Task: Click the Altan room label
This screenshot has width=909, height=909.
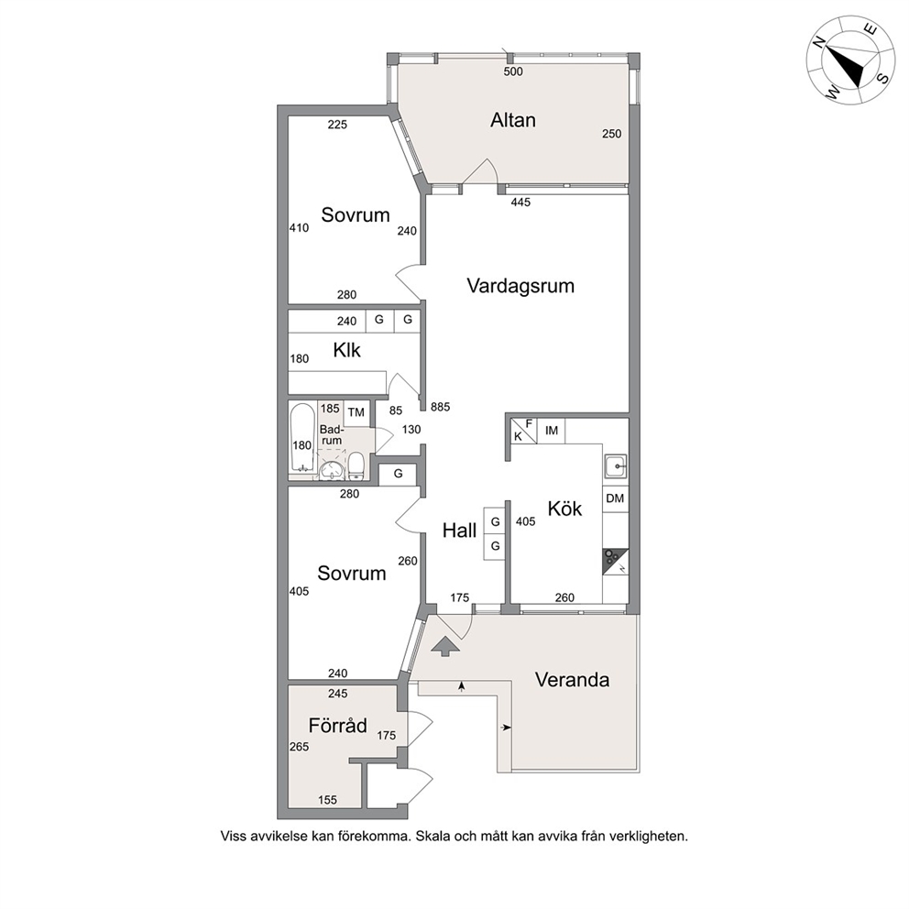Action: point(513,120)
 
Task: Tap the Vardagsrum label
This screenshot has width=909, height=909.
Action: point(520,286)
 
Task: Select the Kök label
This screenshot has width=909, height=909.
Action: point(564,509)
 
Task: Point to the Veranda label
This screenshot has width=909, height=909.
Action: point(572,679)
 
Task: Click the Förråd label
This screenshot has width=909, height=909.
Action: point(338,725)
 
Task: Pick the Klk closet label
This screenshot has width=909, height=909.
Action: point(346,350)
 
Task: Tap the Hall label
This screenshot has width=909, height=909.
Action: point(459,531)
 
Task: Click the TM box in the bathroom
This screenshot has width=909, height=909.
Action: point(356,412)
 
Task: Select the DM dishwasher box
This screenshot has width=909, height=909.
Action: point(615,498)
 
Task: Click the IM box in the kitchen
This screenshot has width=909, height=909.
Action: point(552,431)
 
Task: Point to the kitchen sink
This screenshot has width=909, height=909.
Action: point(615,465)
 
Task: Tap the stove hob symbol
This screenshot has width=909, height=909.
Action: point(615,562)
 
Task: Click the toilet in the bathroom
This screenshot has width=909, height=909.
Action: point(356,466)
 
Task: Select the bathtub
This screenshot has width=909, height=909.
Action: point(301,438)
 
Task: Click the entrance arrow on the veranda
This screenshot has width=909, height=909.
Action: point(445,646)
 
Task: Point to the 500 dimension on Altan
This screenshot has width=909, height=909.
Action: point(513,71)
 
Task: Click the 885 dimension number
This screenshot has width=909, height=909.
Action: point(441,407)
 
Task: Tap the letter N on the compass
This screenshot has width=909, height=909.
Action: point(818,42)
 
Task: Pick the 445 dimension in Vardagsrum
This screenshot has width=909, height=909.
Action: point(520,203)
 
